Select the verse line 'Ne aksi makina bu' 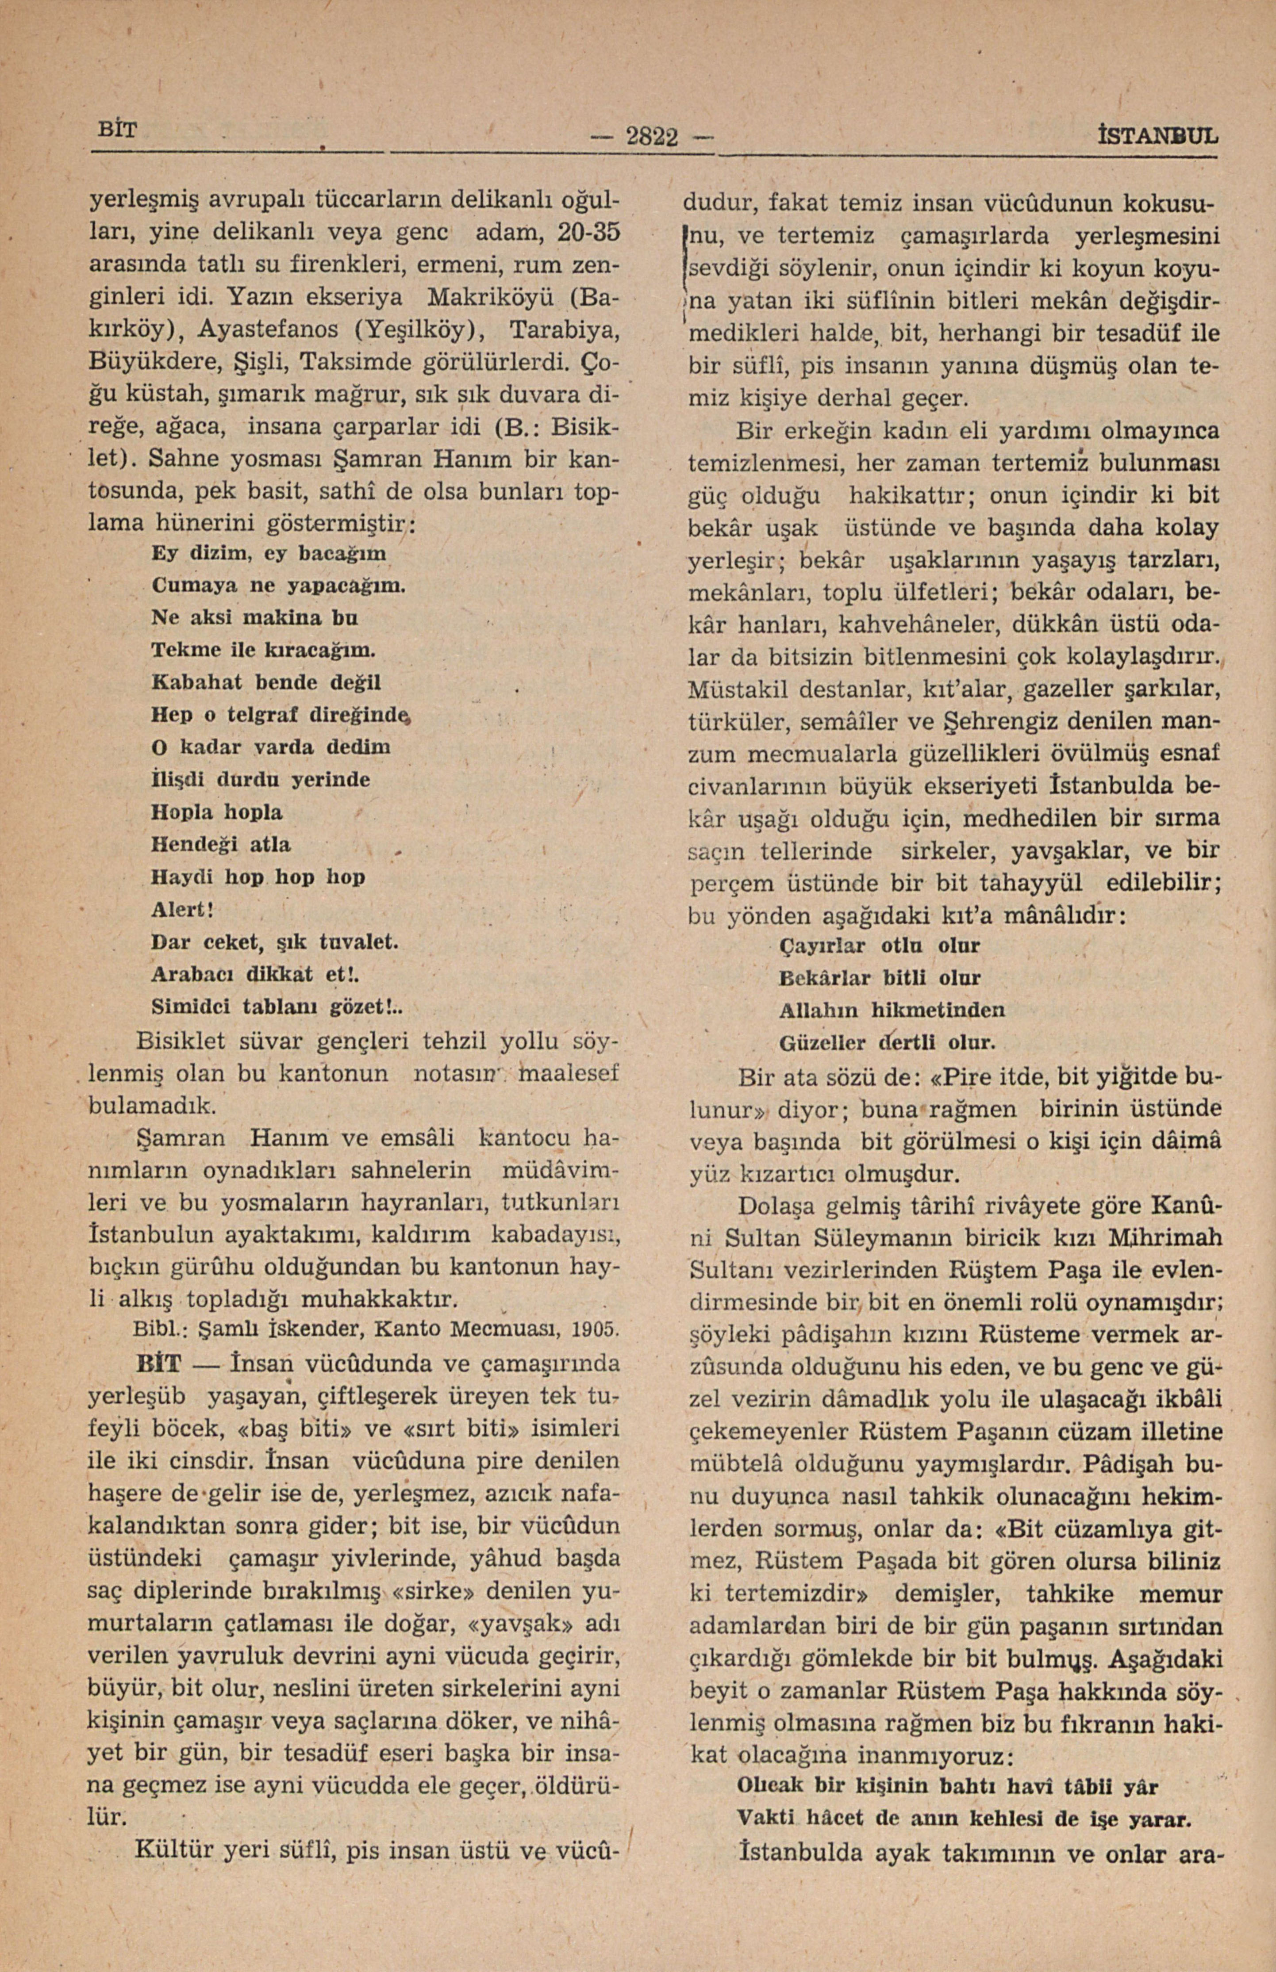click(255, 618)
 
